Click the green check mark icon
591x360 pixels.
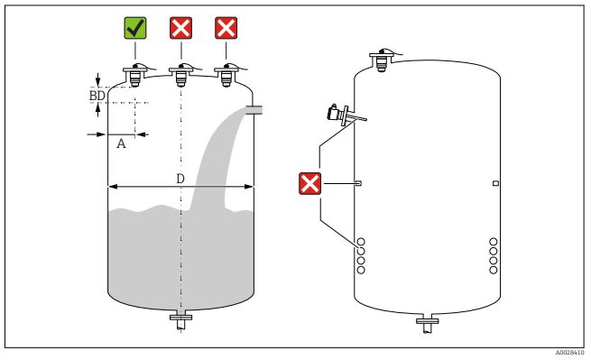tap(135, 28)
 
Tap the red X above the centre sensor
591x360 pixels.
tap(181, 28)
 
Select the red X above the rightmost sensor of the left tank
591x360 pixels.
tap(226, 28)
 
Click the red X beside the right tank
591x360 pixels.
tap(309, 183)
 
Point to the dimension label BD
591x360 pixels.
tap(97, 96)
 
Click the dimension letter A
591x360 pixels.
tap(121, 143)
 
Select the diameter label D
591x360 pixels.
tap(180, 179)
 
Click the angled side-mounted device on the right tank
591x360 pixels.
tap(344, 115)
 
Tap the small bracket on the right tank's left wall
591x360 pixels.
tap(358, 183)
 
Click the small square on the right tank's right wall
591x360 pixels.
tap(496, 183)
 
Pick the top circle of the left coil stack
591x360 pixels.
tap(361, 242)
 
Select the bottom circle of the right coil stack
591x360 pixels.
tap(494, 270)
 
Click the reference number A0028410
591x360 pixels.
tap(569, 353)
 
